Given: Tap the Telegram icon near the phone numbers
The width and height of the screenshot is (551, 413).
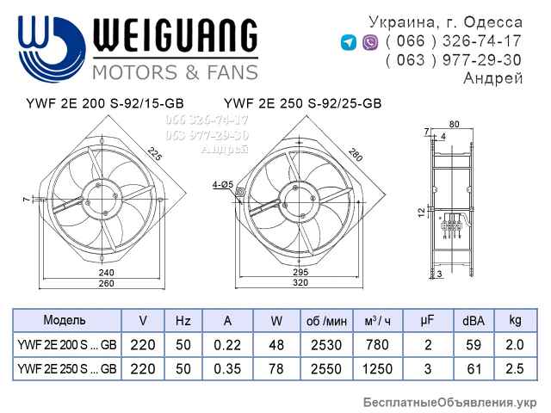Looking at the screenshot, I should (349, 42).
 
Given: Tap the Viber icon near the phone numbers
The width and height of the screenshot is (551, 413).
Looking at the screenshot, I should (370, 42).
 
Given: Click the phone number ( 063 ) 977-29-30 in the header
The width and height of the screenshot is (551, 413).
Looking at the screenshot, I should (454, 60).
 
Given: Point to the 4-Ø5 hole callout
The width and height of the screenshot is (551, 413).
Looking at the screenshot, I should (220, 184).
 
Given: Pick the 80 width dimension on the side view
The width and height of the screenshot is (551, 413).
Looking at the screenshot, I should (455, 124).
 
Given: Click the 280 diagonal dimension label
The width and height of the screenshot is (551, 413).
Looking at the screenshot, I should (354, 156).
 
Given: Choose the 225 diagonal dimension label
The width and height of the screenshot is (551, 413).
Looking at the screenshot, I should (155, 156).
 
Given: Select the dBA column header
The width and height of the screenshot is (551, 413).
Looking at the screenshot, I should (473, 321).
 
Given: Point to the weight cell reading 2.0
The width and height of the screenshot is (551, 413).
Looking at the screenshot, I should (515, 345).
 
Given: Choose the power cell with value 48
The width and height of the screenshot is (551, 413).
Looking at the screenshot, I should (276, 345).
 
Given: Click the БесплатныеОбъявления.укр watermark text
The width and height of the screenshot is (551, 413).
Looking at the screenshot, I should (450, 402).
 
